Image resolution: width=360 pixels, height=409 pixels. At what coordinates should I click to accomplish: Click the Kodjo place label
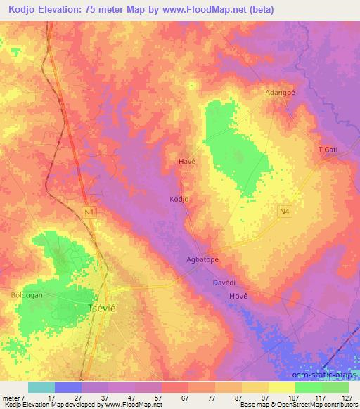pos(179,199)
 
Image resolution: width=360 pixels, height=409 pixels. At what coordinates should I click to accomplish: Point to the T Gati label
pos(329,150)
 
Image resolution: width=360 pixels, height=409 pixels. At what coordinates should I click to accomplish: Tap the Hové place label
pos(239,297)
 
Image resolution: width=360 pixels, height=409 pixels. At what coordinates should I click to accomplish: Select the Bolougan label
pos(27,295)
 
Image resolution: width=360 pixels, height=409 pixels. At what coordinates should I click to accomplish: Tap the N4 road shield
pos(283,210)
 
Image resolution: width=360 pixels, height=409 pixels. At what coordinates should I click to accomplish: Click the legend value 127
pos(346,397)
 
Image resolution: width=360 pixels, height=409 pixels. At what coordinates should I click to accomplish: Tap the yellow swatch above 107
pos(283,387)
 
